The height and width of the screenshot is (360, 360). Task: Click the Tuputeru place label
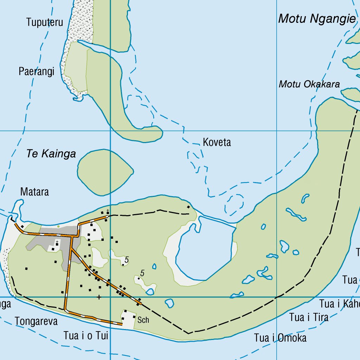[x=45, y=22]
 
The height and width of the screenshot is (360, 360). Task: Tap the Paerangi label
[x=37, y=72]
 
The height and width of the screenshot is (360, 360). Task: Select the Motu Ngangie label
[x=317, y=19]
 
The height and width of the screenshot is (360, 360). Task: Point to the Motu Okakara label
[x=309, y=84]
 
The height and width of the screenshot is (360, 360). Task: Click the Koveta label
[x=217, y=142]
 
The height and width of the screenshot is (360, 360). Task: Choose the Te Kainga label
[x=51, y=154]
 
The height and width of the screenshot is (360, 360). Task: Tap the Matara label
[x=34, y=192]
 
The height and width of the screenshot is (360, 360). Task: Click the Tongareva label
[x=36, y=321]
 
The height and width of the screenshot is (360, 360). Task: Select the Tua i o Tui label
[x=86, y=336]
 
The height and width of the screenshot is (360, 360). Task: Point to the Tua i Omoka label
[x=280, y=338]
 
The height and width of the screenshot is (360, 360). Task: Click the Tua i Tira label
[x=309, y=317]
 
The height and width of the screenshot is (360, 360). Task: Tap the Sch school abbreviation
[x=143, y=320]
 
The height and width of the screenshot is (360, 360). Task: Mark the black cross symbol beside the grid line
[x=99, y=297]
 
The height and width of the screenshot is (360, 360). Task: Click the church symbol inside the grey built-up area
[x=57, y=243]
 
